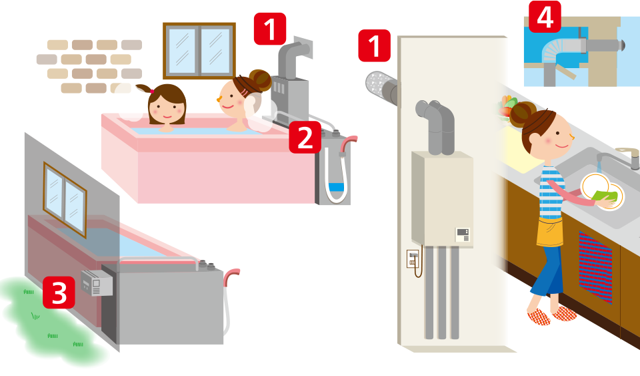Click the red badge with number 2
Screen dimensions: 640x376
coord(305,138)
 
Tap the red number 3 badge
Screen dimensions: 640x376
coord(59,293)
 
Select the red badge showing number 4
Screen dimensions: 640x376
coord(545,16)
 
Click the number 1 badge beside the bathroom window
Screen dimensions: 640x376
coord(270,29)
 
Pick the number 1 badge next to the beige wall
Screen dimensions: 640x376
coord(374,45)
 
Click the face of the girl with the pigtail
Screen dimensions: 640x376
coord(167,109)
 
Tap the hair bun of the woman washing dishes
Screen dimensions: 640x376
coord(522,114)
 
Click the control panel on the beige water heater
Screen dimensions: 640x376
coord(463,234)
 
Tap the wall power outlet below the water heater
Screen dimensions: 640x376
coord(412,259)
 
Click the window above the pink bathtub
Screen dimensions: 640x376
coord(199,51)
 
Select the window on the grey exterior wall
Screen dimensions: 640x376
coord(65,200)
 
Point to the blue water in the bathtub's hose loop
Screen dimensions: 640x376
coord(336,188)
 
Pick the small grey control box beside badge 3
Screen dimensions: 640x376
coord(97,282)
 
